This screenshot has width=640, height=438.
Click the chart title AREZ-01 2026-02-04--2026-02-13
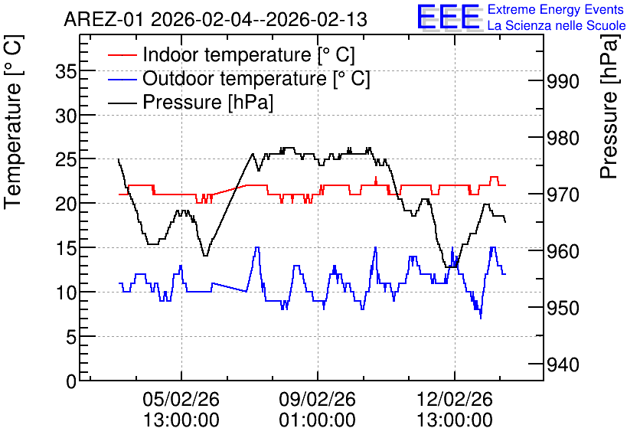click(x=216, y=20)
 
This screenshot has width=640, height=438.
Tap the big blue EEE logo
click(x=448, y=17)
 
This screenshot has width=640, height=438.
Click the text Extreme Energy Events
click(x=556, y=9)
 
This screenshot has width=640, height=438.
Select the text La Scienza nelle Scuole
click(x=557, y=25)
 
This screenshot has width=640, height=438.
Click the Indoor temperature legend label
click(x=249, y=54)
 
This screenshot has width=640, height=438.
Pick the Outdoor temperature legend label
click(x=256, y=78)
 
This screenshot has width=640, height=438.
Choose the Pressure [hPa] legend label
click(x=207, y=102)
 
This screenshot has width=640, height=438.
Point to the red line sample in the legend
click(x=122, y=55)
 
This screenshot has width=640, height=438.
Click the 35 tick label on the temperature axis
click(x=66, y=72)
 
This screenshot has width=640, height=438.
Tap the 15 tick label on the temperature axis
click(x=66, y=249)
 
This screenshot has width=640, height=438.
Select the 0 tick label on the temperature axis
click(x=71, y=382)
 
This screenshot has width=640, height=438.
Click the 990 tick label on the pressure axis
click(x=563, y=82)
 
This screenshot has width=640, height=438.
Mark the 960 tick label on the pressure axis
click(x=563, y=251)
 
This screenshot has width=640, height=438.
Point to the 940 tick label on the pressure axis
click(x=563, y=365)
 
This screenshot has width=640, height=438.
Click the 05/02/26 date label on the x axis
click(x=181, y=399)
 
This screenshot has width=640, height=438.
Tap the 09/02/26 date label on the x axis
click(x=318, y=399)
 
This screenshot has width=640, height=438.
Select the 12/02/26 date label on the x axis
click(x=455, y=399)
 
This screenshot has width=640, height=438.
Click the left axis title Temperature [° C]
click(x=13, y=123)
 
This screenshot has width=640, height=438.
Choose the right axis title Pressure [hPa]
click(x=609, y=107)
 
